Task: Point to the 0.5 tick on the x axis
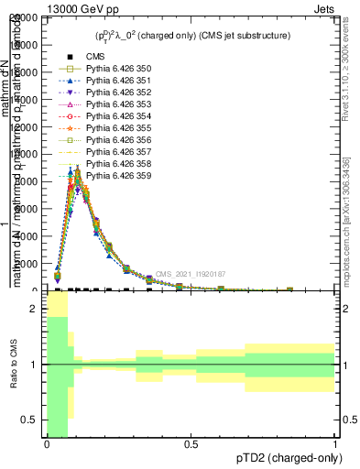191,444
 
